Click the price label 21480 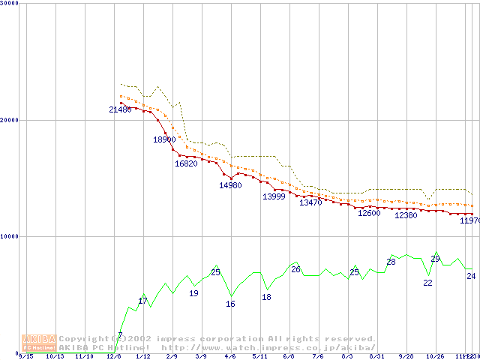pos(120,109)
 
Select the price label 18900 pos(164,139)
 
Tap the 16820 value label pos(186,163)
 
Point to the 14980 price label pos(230,185)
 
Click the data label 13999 pos(274,196)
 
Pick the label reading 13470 pos(310,202)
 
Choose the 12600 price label pos(369,213)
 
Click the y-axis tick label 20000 pos(9,120)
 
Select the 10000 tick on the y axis pos(9,236)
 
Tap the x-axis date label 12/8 pos(113,356)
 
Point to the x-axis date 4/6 pos(230,356)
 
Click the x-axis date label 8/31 pos(376,356)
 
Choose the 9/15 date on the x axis pos(25,356)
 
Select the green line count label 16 pos(230,304)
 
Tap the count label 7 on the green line pos(120,335)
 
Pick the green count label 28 pos(391,262)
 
